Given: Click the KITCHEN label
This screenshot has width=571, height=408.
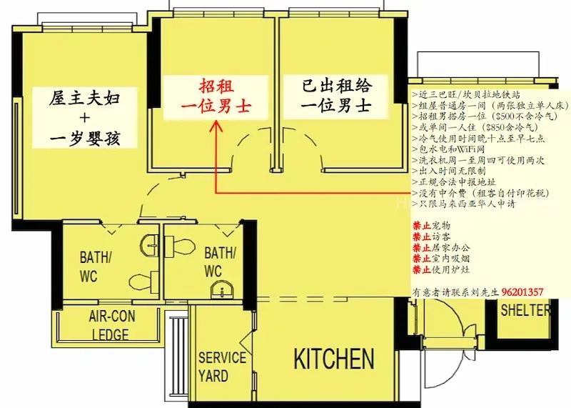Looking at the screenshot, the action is [334, 359].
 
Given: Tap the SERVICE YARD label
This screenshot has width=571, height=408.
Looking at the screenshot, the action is [222, 367].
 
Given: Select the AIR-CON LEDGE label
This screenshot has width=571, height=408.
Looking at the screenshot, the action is [111, 325].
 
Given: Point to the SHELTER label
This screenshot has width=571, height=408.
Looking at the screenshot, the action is [525, 310].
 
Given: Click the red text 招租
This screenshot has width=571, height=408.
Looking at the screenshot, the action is [216, 86].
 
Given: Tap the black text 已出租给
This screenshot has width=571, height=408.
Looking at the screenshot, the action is [337, 86].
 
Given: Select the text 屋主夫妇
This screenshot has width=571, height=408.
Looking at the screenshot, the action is [84, 98].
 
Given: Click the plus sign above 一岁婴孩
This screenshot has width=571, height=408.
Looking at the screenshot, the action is [84, 118].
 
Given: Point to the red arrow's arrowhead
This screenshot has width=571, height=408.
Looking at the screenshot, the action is [217, 125].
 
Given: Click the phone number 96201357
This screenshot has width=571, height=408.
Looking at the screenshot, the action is [522, 292].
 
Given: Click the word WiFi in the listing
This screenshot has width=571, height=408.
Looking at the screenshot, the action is [465, 149].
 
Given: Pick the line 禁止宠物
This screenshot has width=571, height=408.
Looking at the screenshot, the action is [431, 226].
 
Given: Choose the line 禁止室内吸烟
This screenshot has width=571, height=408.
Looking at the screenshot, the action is [441, 259].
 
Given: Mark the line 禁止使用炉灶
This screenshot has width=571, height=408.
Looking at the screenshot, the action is [441, 269].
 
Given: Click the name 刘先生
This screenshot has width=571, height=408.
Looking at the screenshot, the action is [485, 292].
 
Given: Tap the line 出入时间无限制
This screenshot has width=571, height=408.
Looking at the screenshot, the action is [452, 171].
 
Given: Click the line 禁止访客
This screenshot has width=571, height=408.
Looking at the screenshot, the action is [431, 237].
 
